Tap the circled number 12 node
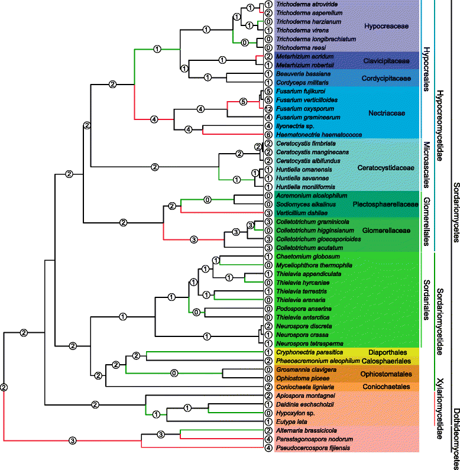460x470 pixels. tap(268, 109)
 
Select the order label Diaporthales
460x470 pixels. tap(388, 351)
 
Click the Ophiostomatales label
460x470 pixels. tap(385, 375)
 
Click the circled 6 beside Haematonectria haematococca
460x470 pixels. tap(268, 134)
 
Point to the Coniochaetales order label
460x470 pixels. tap(386, 387)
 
